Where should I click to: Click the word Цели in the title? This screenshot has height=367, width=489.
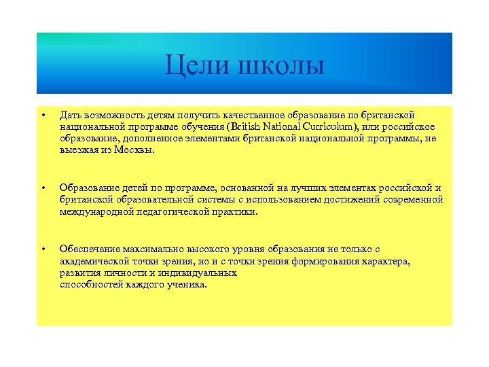(196, 66)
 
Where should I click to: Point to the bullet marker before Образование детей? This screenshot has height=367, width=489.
(43, 188)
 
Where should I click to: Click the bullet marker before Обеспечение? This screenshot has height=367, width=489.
(43, 249)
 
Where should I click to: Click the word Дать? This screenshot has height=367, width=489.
(70, 116)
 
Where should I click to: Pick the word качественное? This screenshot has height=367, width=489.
(259, 116)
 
